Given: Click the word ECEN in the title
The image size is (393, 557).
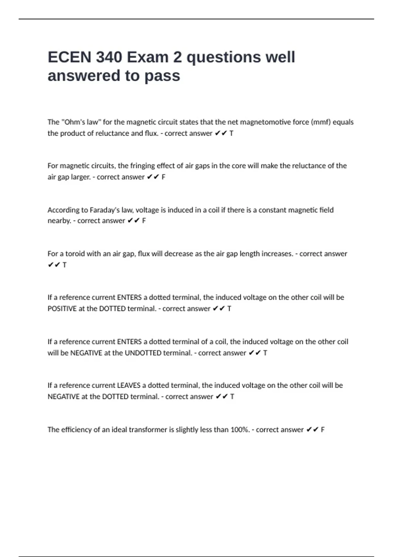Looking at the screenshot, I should click(69, 57).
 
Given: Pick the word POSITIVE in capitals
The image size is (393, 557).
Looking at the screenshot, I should click(62, 309).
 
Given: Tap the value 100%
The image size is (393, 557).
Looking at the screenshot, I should click(240, 430).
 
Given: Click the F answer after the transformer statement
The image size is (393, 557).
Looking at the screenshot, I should click(323, 430).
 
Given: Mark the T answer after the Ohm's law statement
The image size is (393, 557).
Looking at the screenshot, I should click(231, 133).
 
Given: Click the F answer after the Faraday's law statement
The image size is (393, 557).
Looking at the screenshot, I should click(144, 221).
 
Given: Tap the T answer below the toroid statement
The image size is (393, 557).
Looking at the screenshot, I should click(65, 265).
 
